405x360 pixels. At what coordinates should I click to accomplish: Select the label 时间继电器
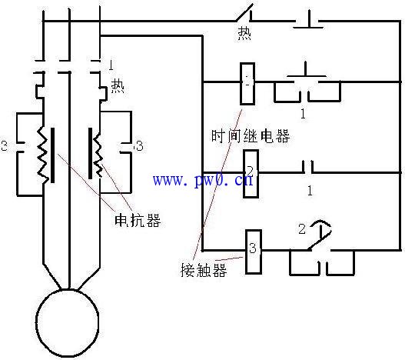pos(251,137)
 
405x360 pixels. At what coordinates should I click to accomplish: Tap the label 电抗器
pos(138,220)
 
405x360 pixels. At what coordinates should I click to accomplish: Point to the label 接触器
pos(199,271)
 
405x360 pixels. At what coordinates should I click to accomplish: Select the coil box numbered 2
pos(251,174)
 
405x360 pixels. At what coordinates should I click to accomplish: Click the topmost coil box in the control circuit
pos(247,82)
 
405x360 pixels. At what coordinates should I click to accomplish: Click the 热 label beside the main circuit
pos(118,85)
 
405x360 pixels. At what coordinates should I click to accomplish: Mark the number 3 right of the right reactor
pos(138,145)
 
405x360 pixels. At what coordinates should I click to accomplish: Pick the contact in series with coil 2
pos(308,166)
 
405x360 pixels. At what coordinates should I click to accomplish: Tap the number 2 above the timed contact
pos(301,228)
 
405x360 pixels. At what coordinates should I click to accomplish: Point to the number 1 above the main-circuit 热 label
pos(111,62)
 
